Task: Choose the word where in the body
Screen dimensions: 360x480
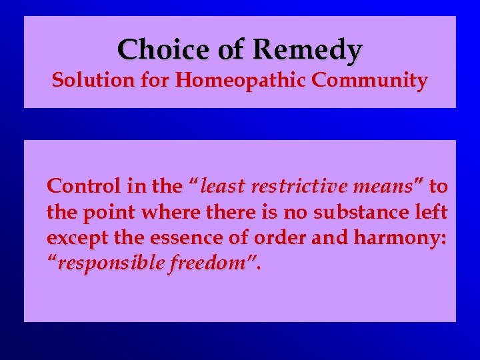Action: pos(157,212)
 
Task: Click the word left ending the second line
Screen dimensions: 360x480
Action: pos(433,212)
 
